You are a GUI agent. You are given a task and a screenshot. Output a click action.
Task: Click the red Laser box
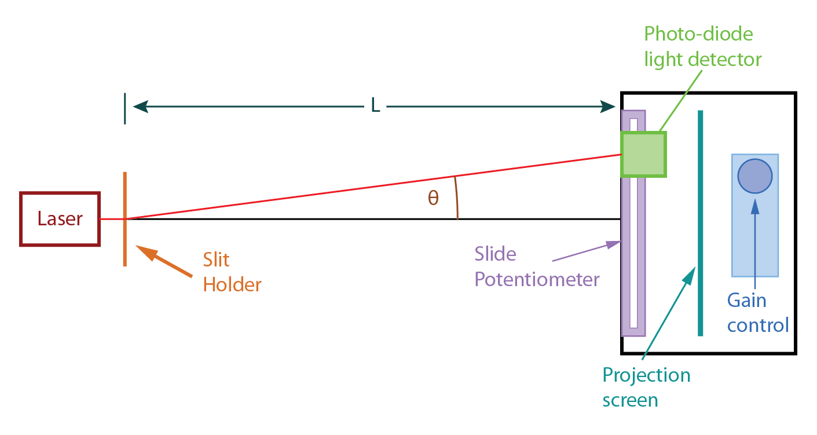coord(60,219)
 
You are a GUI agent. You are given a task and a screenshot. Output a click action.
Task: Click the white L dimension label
coord(375,106)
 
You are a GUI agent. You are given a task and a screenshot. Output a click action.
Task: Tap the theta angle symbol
coord(433,199)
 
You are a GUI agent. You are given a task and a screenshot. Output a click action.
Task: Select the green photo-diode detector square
coord(643,154)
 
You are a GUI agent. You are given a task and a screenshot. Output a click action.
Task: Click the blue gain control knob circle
coord(754,176)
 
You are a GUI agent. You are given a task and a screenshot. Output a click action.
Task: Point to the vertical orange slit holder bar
coord(124,243)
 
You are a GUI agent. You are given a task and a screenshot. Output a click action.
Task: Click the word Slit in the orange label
coord(216,259)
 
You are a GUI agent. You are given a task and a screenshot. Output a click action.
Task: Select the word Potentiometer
coord(537,279)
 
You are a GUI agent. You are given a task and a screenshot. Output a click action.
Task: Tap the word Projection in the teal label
coord(646,375)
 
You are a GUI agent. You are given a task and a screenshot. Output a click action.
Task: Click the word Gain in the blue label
coord(747,300)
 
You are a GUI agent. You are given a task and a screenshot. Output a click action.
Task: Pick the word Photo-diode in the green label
coord(698,34)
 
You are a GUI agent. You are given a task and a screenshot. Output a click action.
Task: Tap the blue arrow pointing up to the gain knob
coord(754,243)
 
